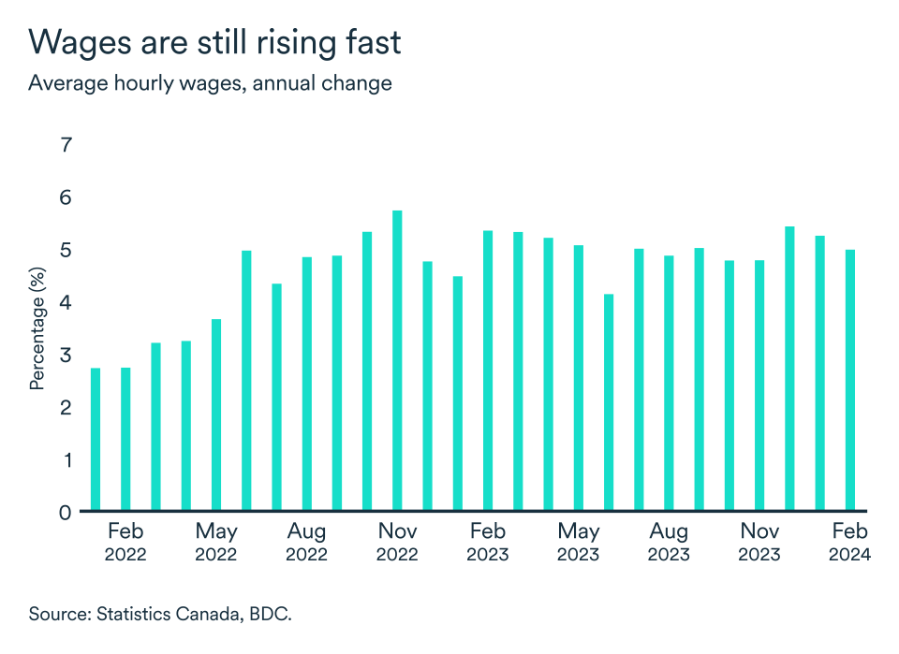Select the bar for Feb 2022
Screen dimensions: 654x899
(x=125, y=440)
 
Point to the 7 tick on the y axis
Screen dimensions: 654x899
(x=66, y=145)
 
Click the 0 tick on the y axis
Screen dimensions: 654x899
(x=66, y=512)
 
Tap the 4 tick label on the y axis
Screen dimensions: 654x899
(x=66, y=302)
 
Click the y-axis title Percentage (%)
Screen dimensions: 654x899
(x=37, y=328)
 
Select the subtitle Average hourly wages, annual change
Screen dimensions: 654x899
(x=210, y=82)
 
